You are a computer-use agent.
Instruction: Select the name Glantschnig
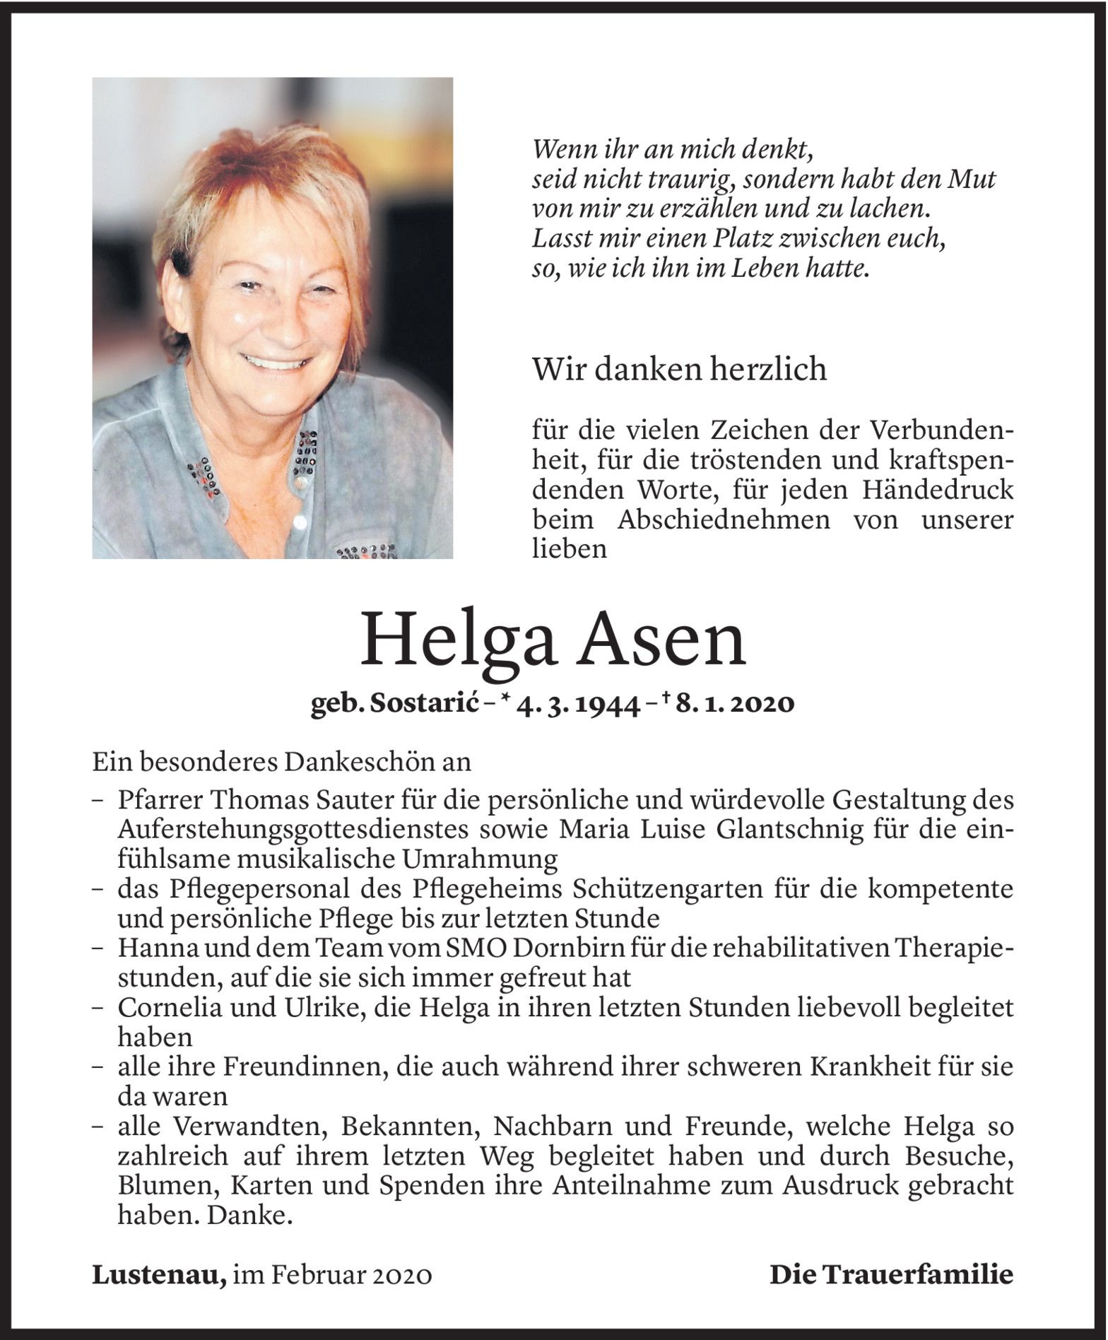[785, 830]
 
